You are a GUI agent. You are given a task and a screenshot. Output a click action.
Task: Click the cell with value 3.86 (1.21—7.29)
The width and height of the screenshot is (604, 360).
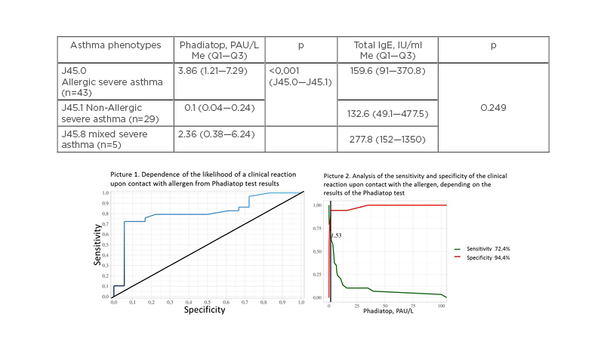217,69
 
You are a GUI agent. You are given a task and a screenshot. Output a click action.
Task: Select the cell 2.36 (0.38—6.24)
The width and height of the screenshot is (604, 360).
217,134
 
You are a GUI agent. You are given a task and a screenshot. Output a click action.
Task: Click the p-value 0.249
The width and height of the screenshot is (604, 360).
493,107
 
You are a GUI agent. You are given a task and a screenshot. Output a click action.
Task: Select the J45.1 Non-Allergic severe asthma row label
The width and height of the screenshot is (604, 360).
106,113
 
